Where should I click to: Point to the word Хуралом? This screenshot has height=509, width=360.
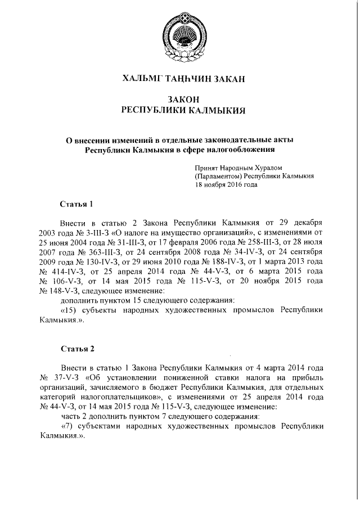point(270,168)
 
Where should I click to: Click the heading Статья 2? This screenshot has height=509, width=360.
point(76,349)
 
